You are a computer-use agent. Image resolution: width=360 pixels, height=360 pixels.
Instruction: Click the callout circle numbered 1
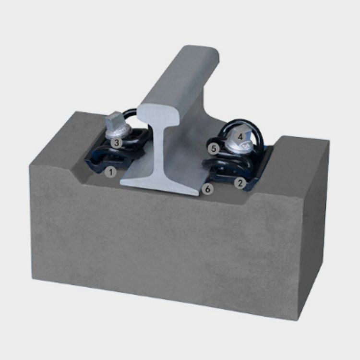click(111, 171)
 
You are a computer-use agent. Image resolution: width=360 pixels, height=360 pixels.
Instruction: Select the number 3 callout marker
click(116, 143)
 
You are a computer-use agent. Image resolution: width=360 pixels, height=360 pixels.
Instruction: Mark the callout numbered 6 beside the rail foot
click(207, 189)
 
